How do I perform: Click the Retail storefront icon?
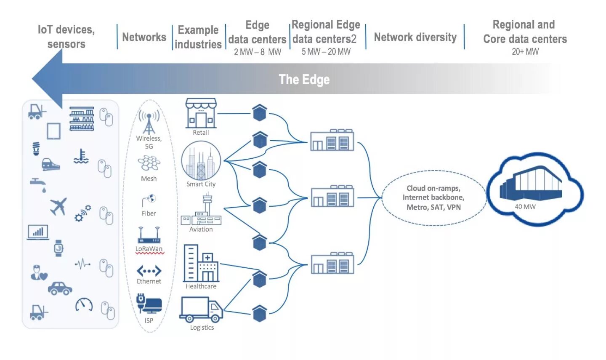point(201,113)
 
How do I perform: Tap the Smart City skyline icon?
point(201,161)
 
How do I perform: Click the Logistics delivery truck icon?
point(201,309)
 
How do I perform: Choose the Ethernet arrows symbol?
point(149,271)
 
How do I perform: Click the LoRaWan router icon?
point(149,235)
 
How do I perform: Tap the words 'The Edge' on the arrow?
point(304,80)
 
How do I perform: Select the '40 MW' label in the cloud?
point(525,207)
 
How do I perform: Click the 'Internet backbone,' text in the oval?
point(433,197)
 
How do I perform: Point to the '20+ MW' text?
point(525,52)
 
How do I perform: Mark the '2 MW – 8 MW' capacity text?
point(257,52)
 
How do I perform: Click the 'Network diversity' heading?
point(415,37)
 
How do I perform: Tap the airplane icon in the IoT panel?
point(58,206)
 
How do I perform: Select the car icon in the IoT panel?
point(60,288)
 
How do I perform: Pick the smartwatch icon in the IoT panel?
point(58,248)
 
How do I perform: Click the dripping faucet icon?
point(38,184)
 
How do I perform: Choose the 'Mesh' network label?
point(149,179)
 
